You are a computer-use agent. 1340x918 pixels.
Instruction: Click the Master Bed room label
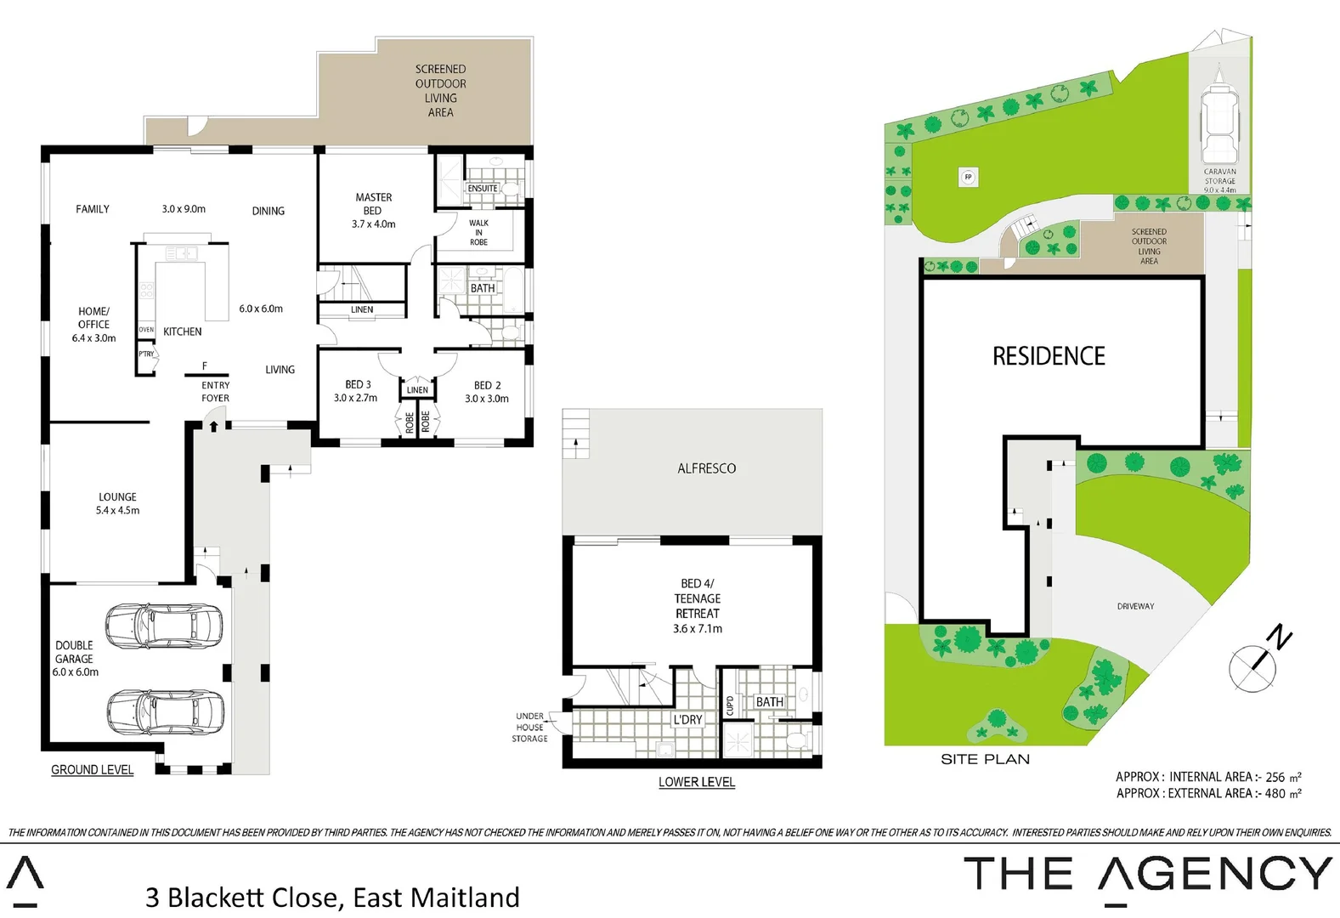(x=373, y=210)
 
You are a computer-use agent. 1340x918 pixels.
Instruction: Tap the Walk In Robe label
(x=478, y=233)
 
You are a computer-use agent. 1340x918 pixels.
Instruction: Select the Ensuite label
(x=483, y=189)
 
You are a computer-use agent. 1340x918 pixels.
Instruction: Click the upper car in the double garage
(x=165, y=625)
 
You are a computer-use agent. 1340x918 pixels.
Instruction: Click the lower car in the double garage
(x=166, y=711)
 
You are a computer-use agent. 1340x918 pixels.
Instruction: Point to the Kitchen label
(x=182, y=331)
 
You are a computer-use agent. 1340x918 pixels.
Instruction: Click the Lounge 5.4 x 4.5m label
(x=117, y=503)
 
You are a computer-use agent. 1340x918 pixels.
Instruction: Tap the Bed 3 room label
(x=356, y=391)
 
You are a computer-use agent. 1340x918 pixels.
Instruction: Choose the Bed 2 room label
(x=487, y=392)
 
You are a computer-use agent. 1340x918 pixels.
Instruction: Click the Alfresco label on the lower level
(x=706, y=468)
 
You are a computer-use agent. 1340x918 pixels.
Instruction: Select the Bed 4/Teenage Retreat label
(x=697, y=606)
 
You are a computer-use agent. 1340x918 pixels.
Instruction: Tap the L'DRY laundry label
(x=687, y=720)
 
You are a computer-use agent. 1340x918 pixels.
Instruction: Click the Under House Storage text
(x=529, y=728)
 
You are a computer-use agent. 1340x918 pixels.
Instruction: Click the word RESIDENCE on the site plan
(x=1049, y=356)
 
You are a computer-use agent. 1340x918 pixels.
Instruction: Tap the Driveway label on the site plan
(x=1135, y=606)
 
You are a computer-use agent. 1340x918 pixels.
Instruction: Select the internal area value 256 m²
(x=1283, y=777)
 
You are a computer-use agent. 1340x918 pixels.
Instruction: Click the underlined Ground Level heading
(x=92, y=769)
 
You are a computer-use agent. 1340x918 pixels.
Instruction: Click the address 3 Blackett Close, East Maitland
(x=332, y=898)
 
